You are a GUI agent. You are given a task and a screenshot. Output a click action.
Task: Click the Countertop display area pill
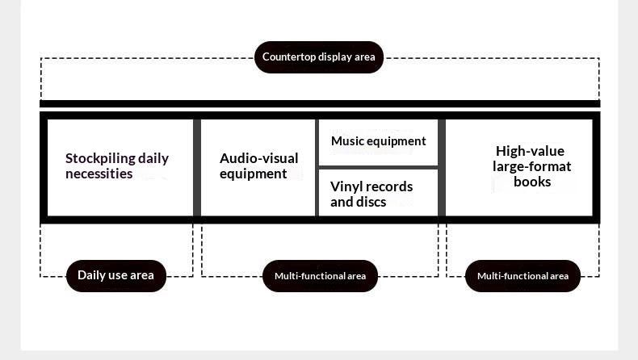318,57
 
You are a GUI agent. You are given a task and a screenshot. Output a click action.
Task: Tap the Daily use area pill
115,275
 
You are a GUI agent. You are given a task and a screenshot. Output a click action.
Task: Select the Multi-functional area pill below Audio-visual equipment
320,276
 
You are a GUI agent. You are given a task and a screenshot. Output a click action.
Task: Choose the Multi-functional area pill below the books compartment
523,276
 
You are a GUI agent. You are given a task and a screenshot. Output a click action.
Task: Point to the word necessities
99,174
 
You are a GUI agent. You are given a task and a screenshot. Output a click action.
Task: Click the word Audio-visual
258,158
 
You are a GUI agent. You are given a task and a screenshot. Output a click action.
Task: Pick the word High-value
530,151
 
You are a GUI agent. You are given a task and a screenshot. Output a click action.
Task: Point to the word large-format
531,166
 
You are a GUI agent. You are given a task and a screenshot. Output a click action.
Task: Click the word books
532,182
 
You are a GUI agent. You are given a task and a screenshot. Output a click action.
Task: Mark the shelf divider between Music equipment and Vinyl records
378,167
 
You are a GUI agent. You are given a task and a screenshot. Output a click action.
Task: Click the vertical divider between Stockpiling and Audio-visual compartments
197,167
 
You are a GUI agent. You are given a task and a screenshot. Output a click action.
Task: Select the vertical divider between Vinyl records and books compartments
442,167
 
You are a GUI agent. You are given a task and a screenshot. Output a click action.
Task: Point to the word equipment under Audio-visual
253,174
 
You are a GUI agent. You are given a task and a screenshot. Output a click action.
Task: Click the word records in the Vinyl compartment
384,186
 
